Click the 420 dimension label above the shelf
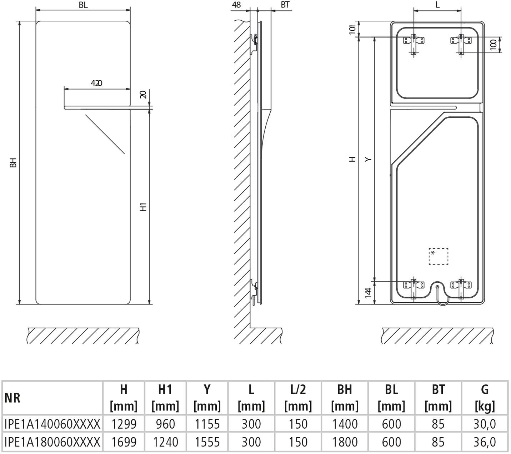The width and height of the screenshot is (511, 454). (x=96, y=83)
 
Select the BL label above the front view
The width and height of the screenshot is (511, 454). (x=83, y=5)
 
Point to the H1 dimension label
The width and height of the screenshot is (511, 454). (x=143, y=207)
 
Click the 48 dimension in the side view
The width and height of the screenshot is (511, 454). (x=236, y=5)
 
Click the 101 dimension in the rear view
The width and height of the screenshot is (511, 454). (x=353, y=30)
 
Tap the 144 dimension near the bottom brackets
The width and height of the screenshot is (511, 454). (x=368, y=293)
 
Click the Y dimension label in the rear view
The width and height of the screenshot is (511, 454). (x=368, y=159)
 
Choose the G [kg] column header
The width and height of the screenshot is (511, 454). (x=485, y=398)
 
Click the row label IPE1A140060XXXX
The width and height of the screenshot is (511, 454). (x=52, y=424)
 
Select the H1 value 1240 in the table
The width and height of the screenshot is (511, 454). (x=165, y=442)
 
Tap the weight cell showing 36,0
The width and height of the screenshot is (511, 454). (x=485, y=442)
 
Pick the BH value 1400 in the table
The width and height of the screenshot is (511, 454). (x=345, y=424)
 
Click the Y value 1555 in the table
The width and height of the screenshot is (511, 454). (x=207, y=442)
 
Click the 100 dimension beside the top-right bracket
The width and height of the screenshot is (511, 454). (x=494, y=45)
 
